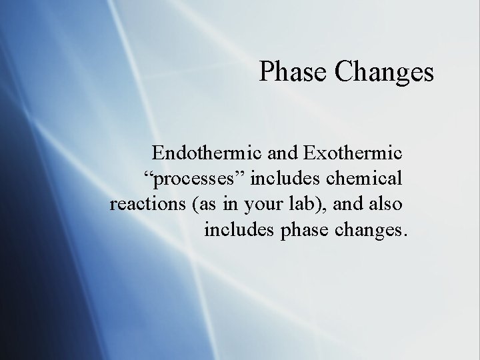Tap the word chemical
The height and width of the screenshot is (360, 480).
click(363, 179)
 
